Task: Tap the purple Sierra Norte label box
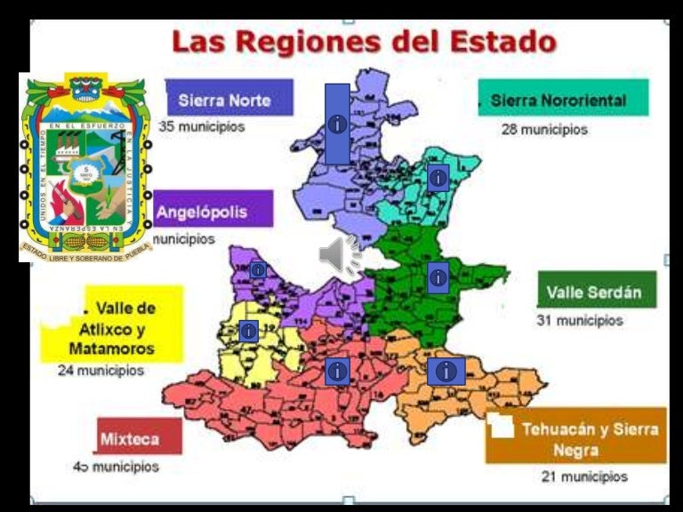pyautogui.click(x=229, y=99)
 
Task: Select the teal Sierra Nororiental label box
pyautogui.click(x=563, y=99)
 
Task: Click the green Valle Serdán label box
pyautogui.click(x=596, y=290)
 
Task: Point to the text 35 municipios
pyautogui.click(x=202, y=127)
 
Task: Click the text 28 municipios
pyautogui.click(x=544, y=130)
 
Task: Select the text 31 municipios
pyautogui.click(x=579, y=320)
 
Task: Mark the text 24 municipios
pyautogui.click(x=100, y=371)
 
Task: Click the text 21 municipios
pyautogui.click(x=583, y=477)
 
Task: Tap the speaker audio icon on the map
pyautogui.click(x=339, y=256)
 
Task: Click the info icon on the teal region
pyautogui.click(x=437, y=178)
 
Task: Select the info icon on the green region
pyautogui.click(x=437, y=277)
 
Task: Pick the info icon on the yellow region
pyautogui.click(x=248, y=331)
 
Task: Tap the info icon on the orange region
pyautogui.click(x=446, y=371)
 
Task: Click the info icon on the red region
pyautogui.click(x=336, y=371)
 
